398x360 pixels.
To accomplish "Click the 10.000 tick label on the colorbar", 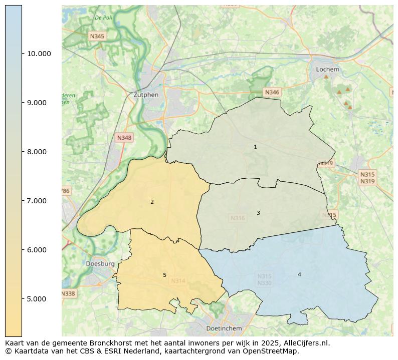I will (x=38, y=54).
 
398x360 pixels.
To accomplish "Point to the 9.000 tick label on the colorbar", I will (x=38, y=103).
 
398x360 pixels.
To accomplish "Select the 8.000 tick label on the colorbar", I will (x=38, y=152).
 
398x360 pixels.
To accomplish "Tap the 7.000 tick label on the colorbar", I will (x=38, y=201).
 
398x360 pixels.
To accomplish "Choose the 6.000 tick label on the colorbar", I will (x=38, y=250).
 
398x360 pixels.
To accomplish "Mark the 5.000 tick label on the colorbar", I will (x=38, y=299).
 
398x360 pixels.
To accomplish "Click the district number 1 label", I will (x=255, y=147).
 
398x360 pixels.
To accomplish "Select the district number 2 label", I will (x=152, y=202).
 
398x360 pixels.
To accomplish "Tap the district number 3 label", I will (x=258, y=213).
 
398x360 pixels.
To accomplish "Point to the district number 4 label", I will (x=299, y=274).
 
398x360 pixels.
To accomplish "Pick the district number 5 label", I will (x=164, y=275).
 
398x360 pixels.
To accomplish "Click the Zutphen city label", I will (x=146, y=95).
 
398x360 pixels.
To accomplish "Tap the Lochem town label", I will (x=327, y=70).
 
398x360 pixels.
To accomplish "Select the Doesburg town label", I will (x=100, y=263).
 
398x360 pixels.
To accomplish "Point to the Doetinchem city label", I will (x=224, y=328).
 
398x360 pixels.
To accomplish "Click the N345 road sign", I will (x=97, y=36).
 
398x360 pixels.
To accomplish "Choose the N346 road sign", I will (x=272, y=92).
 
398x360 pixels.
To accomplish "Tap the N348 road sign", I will (x=124, y=138).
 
